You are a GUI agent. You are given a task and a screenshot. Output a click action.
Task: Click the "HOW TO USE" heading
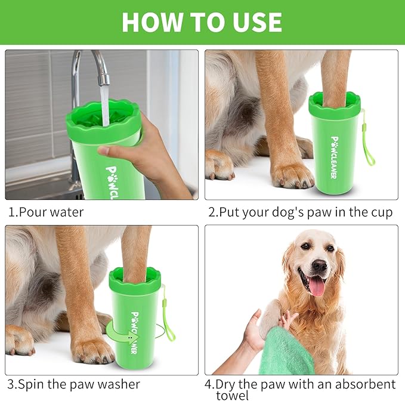click(202, 22)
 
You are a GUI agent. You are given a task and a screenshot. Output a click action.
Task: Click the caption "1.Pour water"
click(46, 212)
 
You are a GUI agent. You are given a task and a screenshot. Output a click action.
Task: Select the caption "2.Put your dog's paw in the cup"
click(300, 212)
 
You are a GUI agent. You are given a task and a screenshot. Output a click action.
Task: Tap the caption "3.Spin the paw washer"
click(73, 384)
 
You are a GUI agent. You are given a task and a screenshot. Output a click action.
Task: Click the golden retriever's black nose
click(319, 264)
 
